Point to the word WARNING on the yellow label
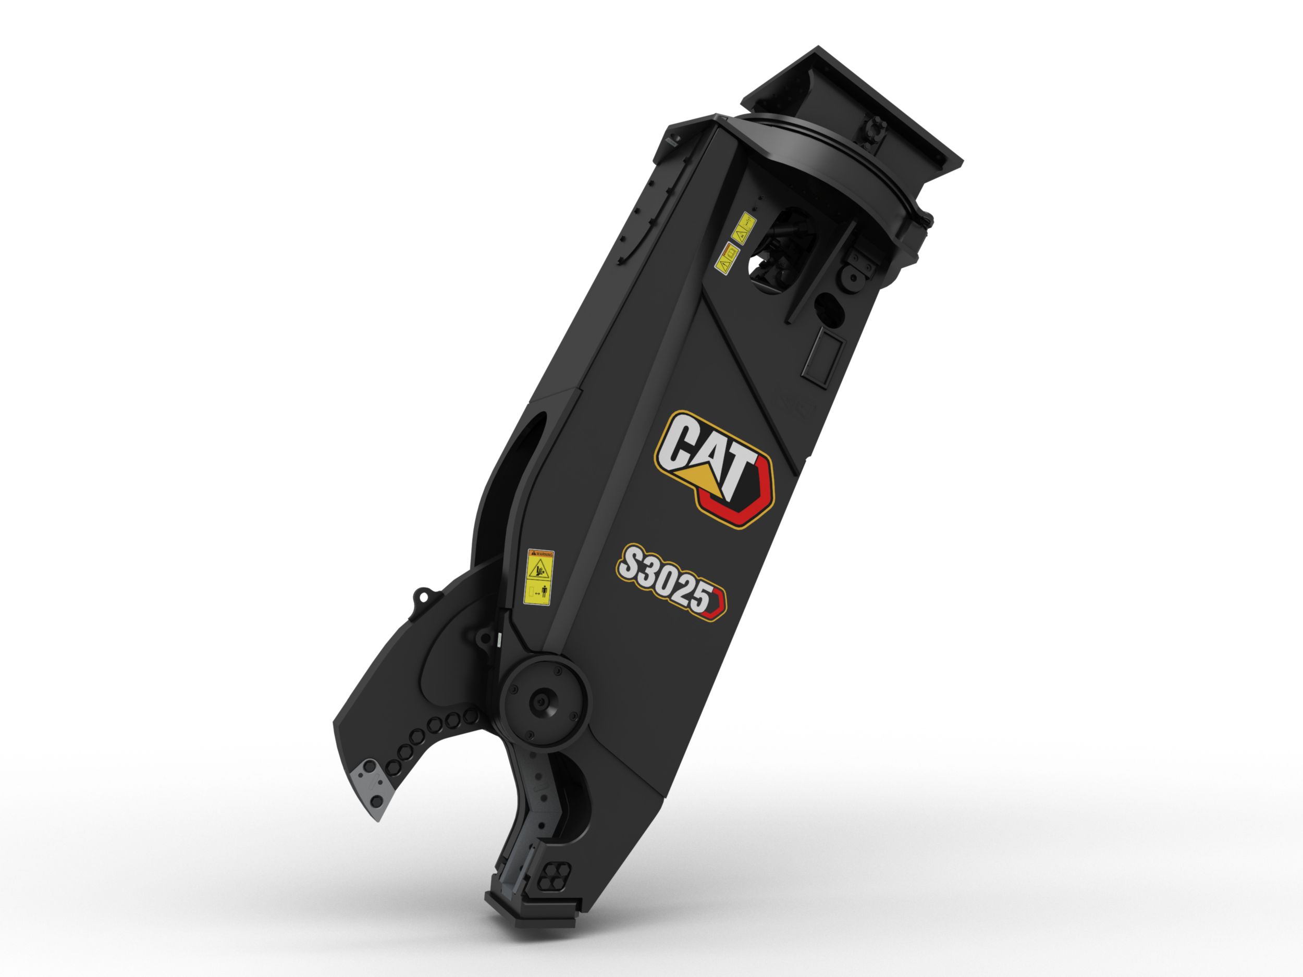tap(541, 554)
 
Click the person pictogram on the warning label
tap(545, 592)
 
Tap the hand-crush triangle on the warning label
tap(538, 570)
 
